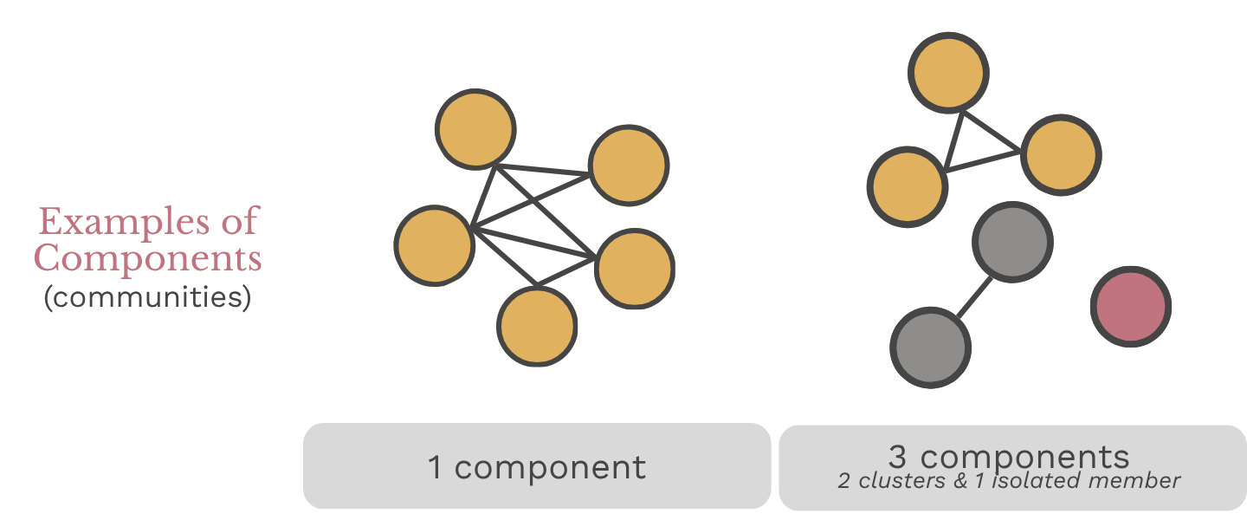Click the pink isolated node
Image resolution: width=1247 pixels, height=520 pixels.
1130,306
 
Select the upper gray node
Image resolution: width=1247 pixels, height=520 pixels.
1012,242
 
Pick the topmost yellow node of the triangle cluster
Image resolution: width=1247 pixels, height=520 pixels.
948,74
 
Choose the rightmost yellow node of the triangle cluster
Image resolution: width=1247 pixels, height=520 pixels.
1061,154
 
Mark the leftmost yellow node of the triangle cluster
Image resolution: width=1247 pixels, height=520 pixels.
908,186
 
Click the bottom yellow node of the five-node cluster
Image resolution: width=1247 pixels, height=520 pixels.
537,327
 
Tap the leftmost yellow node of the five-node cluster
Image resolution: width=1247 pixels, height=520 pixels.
434,244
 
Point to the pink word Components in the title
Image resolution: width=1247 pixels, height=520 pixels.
147,258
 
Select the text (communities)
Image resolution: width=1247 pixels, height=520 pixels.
147,298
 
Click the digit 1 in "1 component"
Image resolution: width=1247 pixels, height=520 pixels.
435,468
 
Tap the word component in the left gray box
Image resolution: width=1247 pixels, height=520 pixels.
550,468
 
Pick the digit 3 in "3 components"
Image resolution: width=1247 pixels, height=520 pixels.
897,457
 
